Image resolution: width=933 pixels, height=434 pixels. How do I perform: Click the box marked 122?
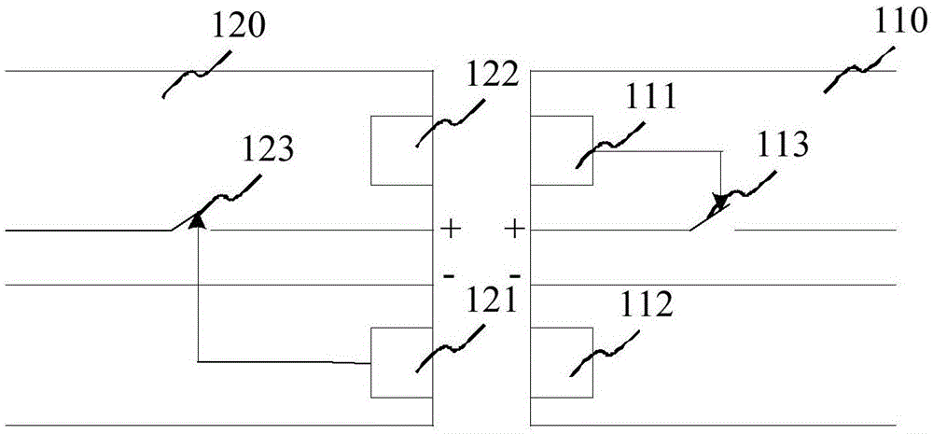tap(401, 150)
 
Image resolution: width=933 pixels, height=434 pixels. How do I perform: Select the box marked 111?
tap(561, 150)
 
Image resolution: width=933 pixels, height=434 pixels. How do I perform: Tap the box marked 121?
tap(401, 362)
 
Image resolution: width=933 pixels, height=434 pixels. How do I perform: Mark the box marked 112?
tap(561, 362)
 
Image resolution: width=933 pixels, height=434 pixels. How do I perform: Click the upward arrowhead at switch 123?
tap(198, 220)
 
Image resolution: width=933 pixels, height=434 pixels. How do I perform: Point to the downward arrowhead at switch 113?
tap(719, 203)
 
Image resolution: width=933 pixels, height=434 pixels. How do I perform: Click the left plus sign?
tap(451, 228)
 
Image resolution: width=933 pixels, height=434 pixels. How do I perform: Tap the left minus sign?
tap(450, 275)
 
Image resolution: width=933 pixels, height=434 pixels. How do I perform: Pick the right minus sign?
tap(515, 275)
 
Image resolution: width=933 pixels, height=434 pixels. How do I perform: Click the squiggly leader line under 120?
tap(197, 73)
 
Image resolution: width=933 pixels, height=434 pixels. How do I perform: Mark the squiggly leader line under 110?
tap(860, 70)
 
